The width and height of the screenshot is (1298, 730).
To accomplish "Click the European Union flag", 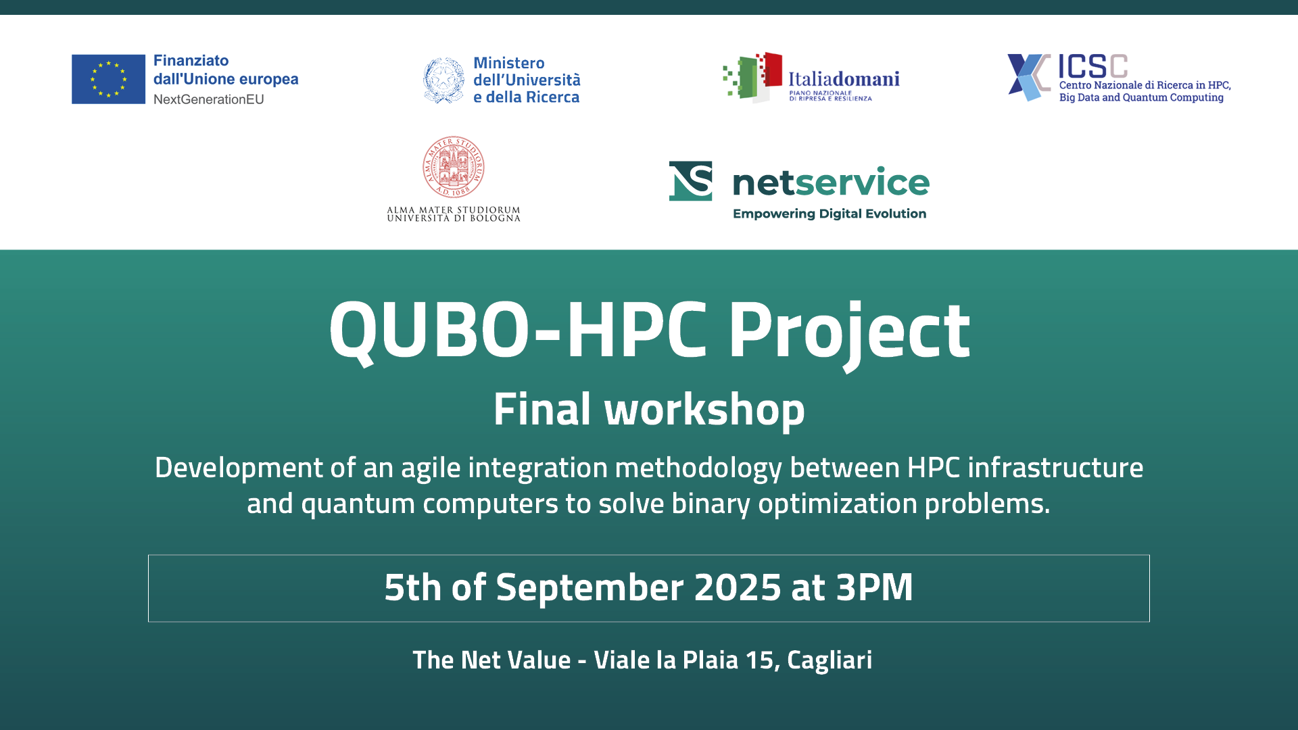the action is [108, 79].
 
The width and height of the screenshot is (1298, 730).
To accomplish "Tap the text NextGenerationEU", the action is [208, 99].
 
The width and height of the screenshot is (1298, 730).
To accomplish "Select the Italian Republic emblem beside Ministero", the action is [443, 80].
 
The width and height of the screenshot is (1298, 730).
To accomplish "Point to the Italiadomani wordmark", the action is [844, 79].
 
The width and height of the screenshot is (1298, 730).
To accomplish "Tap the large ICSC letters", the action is [1092, 66].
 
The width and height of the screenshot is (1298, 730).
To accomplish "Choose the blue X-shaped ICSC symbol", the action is [1028, 78].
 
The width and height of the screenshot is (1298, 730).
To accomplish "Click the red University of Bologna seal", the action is [454, 167].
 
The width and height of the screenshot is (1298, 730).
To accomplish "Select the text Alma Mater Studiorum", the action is [454, 210].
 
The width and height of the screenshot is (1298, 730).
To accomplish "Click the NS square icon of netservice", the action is [690, 181].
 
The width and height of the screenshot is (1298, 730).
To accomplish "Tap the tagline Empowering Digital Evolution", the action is [830, 214].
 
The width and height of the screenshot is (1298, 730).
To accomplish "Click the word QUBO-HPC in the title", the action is [519, 331].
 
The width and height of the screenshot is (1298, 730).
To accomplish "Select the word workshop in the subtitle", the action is [704, 410].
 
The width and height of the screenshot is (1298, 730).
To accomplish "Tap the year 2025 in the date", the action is [738, 587].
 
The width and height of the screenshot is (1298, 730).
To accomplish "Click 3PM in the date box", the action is [875, 587].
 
